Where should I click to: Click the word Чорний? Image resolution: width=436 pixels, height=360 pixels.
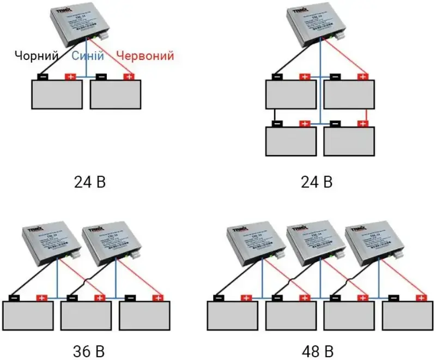click(36, 56)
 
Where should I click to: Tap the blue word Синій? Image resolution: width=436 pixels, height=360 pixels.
click(85, 56)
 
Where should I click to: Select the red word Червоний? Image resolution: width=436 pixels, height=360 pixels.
click(146, 56)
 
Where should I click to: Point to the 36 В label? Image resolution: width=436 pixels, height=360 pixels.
click(90, 349)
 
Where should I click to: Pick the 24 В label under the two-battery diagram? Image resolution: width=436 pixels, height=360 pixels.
click(90, 182)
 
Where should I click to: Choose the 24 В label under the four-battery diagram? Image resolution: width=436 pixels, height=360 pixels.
click(316, 182)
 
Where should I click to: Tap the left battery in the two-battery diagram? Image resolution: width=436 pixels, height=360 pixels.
click(57, 95)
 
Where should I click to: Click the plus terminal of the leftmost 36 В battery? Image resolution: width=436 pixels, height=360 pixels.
click(41, 298)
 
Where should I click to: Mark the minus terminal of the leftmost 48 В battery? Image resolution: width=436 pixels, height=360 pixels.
click(219, 298)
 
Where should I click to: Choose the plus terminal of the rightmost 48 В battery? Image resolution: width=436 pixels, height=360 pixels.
click(421, 298)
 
